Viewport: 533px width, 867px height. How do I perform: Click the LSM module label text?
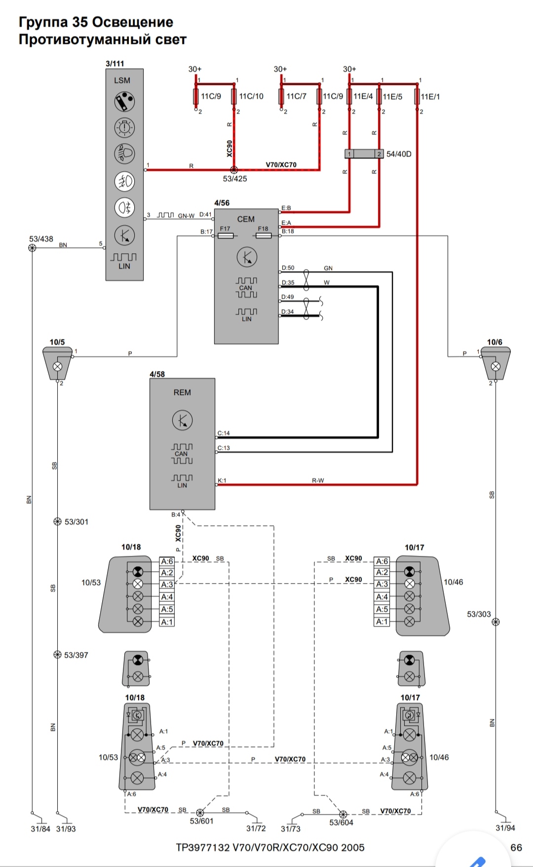[122, 80]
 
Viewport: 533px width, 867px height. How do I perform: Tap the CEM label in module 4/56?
[246, 219]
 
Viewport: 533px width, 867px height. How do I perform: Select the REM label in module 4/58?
[182, 393]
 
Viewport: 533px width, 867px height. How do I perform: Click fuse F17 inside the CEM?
[226, 236]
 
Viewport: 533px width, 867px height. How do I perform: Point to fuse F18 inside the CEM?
[264, 236]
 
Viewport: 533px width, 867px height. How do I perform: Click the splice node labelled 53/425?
[234, 170]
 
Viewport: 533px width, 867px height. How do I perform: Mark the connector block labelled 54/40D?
[364, 154]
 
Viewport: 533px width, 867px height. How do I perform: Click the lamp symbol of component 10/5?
[57, 366]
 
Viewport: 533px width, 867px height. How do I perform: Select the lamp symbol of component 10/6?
[495, 366]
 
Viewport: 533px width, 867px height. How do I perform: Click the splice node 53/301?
[57, 521]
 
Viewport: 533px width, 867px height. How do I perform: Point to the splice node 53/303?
[495, 622]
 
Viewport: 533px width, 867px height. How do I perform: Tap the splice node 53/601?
[200, 812]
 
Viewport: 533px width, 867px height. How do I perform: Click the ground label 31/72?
[256, 828]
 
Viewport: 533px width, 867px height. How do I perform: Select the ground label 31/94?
[505, 828]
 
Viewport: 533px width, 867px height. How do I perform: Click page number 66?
[516, 847]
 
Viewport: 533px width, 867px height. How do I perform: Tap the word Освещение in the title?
[133, 22]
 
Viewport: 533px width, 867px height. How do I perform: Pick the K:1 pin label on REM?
[222, 480]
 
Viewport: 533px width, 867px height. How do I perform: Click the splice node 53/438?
[32, 248]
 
